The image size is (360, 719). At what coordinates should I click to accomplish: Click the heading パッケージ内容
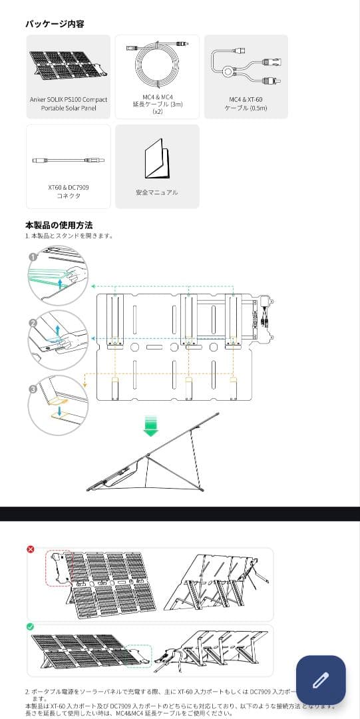click(x=55, y=24)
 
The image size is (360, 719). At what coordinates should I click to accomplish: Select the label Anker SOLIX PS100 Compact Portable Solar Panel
click(x=69, y=103)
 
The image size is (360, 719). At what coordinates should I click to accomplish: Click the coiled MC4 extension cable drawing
click(x=157, y=63)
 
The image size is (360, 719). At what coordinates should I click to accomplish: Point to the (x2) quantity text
click(x=157, y=113)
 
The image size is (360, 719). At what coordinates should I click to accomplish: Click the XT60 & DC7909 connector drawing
click(x=68, y=160)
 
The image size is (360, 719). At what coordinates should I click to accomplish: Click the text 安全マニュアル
click(x=157, y=192)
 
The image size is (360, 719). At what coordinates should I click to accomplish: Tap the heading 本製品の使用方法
click(x=59, y=225)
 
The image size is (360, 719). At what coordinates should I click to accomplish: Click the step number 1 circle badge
click(x=32, y=257)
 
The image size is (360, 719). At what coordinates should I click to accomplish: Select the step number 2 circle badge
click(x=32, y=323)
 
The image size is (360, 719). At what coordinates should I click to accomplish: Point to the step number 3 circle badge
click(x=32, y=389)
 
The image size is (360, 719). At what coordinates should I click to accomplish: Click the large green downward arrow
click(x=152, y=426)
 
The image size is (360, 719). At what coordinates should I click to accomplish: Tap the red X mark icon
click(x=30, y=549)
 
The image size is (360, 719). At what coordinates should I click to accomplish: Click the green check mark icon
click(x=30, y=626)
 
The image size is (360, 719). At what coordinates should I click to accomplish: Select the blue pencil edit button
click(x=321, y=680)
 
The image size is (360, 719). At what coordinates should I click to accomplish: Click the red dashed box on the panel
click(x=58, y=569)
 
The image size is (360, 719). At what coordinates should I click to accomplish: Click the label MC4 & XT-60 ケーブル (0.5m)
click(x=246, y=103)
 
